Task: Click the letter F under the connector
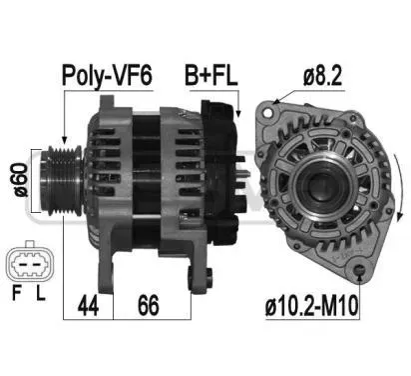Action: pos(15,296)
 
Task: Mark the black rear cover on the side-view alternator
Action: pos(220,160)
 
